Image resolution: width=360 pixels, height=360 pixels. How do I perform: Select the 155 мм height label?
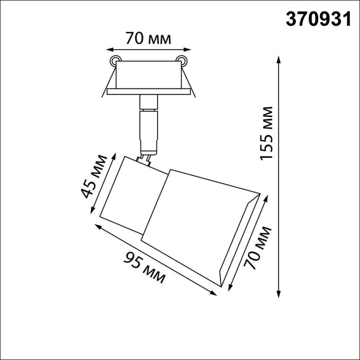coord(266,133)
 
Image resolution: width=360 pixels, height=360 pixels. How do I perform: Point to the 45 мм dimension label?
coord(94,177)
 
